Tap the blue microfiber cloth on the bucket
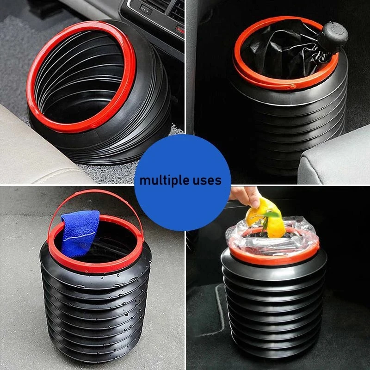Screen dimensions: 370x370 (x=80, y=233)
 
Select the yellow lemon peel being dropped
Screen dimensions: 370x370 (x=266, y=217)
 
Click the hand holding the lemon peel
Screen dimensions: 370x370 (x=246, y=195)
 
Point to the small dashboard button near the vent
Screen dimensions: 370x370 (x=146, y=10)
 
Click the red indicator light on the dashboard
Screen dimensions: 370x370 (x=180, y=30)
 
